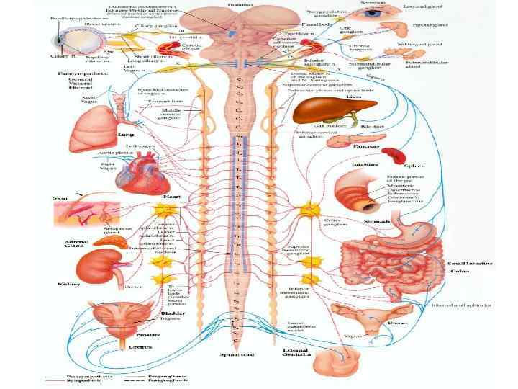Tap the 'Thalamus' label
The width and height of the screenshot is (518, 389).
[x=235, y=4]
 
